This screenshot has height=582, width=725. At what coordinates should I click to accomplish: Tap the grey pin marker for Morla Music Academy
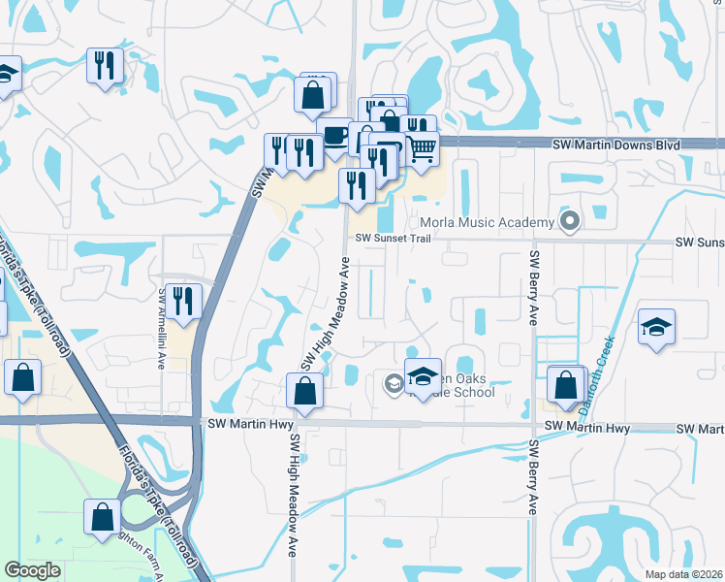(570, 222)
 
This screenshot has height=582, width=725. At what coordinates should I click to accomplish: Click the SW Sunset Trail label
(391, 238)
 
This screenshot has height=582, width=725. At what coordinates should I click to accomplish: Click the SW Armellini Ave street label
(162, 328)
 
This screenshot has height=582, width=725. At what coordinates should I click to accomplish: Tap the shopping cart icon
(422, 149)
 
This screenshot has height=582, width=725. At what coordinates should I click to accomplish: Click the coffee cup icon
(335, 134)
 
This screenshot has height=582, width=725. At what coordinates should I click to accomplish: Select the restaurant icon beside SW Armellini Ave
(181, 300)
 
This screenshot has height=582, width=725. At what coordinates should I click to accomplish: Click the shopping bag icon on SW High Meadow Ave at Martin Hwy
(304, 391)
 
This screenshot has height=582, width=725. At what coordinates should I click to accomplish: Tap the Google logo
(32, 570)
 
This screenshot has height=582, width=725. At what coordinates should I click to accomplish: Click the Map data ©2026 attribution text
(684, 574)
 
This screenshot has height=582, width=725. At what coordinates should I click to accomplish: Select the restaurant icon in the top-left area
(105, 65)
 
